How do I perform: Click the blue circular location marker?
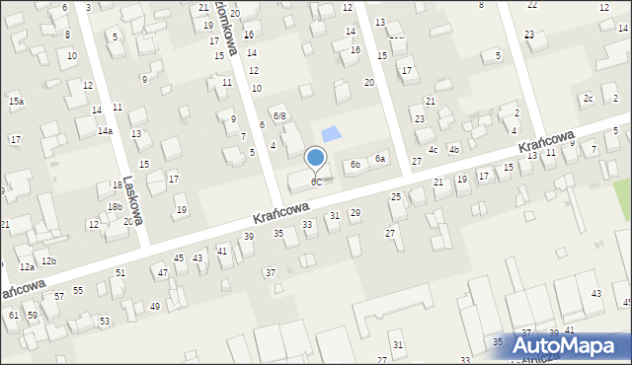pos(316,158)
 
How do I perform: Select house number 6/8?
pos(279,116)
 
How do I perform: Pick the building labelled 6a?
pos(379,159)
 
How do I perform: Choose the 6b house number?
pos(355,165)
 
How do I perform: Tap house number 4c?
pos(433,149)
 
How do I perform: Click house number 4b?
pos(453,149)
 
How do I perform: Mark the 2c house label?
pos(588,98)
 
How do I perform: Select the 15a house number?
pos(16,101)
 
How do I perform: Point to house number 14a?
pos(105,130)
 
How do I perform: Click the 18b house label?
pos(115,206)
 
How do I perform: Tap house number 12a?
pos(26,267)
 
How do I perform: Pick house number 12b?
pos(47,260)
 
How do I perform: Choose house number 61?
pos(14,315)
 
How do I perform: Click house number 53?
pos(105,322)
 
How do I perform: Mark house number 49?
pos(154,307)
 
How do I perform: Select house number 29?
pos(355,213)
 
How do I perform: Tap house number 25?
pos(396,197)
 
